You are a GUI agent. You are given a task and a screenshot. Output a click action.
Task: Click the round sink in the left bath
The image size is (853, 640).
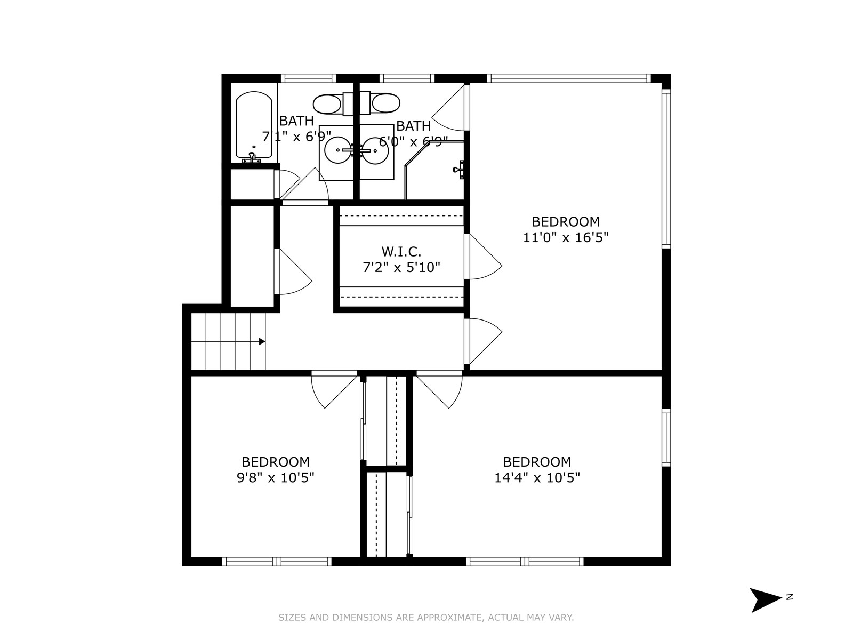click(x=337, y=150)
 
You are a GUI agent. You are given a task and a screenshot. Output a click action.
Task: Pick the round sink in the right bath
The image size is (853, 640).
click(x=375, y=150)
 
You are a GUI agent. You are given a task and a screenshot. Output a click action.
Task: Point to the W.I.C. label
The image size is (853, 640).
click(x=401, y=252)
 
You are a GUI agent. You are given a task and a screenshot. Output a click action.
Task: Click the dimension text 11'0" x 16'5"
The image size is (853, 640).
click(x=566, y=237)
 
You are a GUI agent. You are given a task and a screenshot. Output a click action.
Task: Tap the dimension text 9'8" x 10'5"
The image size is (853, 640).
click(x=276, y=477)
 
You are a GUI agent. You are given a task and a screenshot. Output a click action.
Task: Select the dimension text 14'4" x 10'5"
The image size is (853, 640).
click(x=537, y=477)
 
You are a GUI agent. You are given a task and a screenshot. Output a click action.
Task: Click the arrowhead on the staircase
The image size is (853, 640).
click(x=262, y=341)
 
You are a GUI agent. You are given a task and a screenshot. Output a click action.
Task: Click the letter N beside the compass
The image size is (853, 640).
click(x=789, y=597)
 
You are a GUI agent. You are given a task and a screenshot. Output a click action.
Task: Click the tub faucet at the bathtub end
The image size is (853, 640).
click(x=252, y=157)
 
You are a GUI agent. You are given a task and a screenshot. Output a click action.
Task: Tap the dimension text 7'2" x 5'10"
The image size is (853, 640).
click(x=401, y=267)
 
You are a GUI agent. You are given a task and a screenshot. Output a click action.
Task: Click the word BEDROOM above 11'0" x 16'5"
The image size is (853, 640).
click(x=566, y=221)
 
